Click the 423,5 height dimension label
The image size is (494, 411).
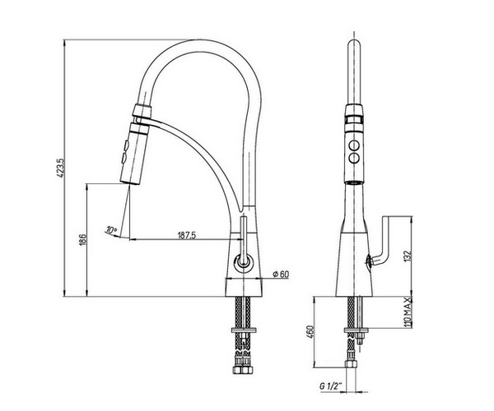[x=61, y=169]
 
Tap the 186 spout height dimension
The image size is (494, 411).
[x=82, y=240]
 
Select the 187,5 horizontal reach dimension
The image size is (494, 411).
[x=187, y=235]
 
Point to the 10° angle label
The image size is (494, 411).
[x=111, y=230]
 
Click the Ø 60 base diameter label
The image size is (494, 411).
[x=281, y=275]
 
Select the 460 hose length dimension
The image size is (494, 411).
[x=310, y=332]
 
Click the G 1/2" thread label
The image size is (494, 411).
[x=331, y=386]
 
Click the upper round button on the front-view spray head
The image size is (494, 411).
[x=354, y=146]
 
